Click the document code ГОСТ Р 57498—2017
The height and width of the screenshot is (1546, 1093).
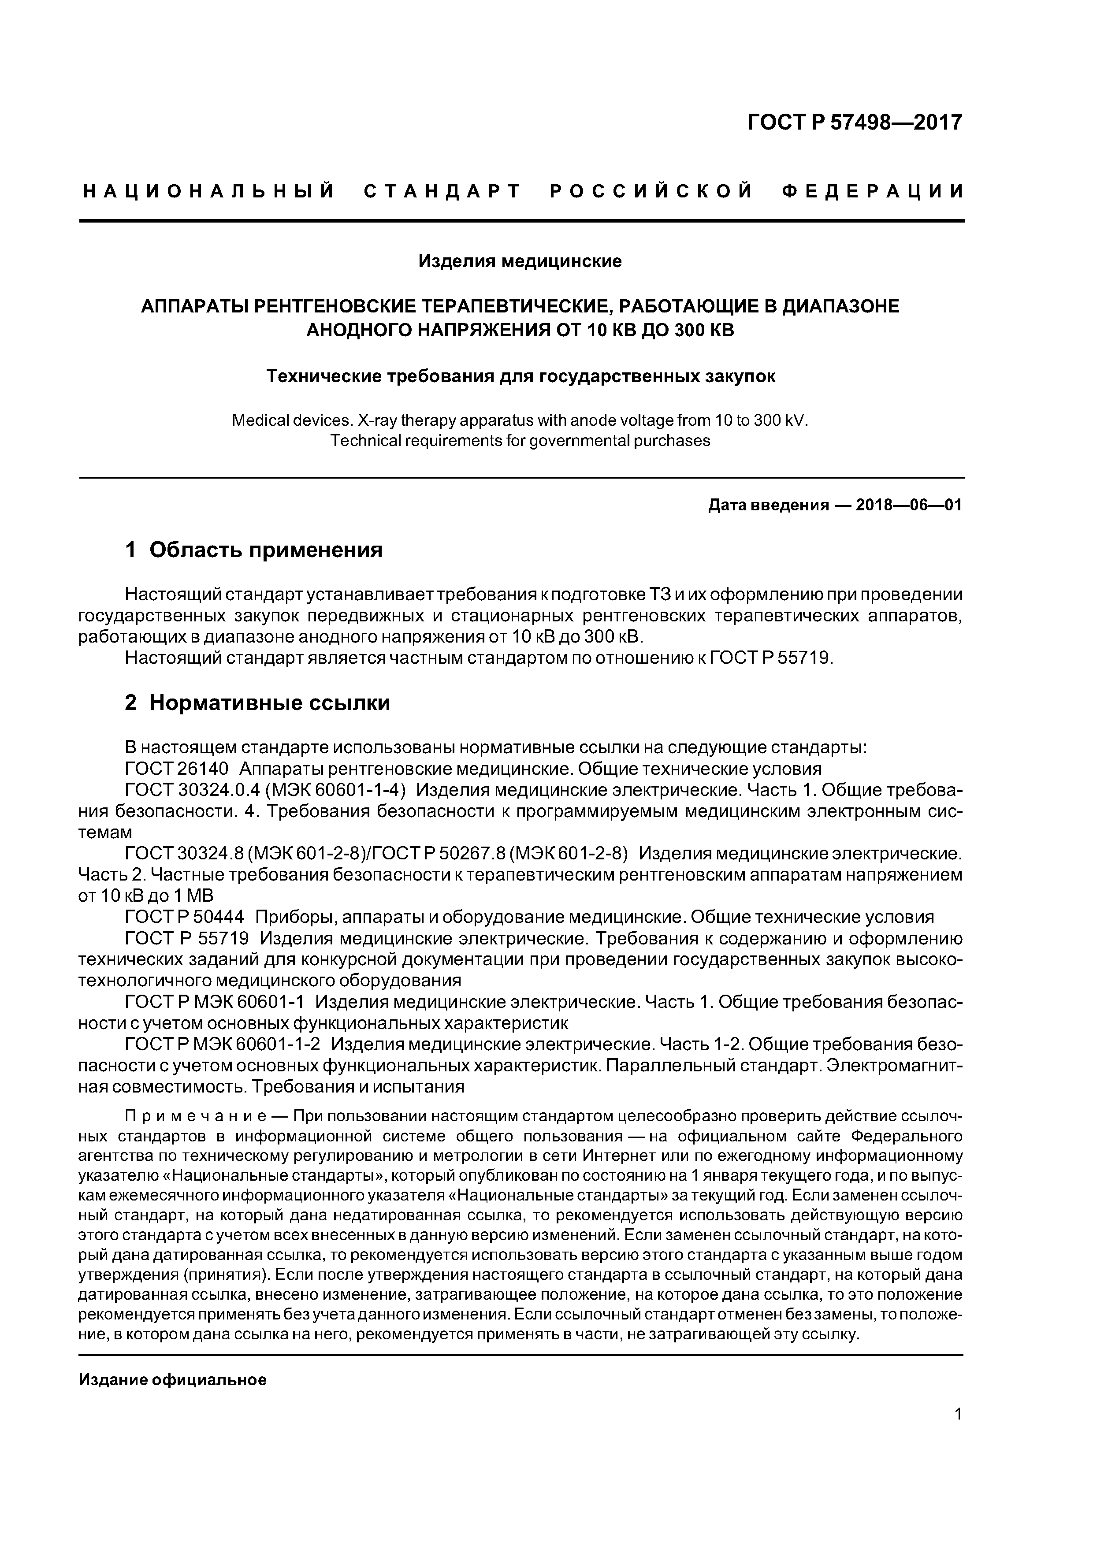pos(855,123)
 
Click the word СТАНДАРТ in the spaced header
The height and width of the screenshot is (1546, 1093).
pos(442,192)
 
